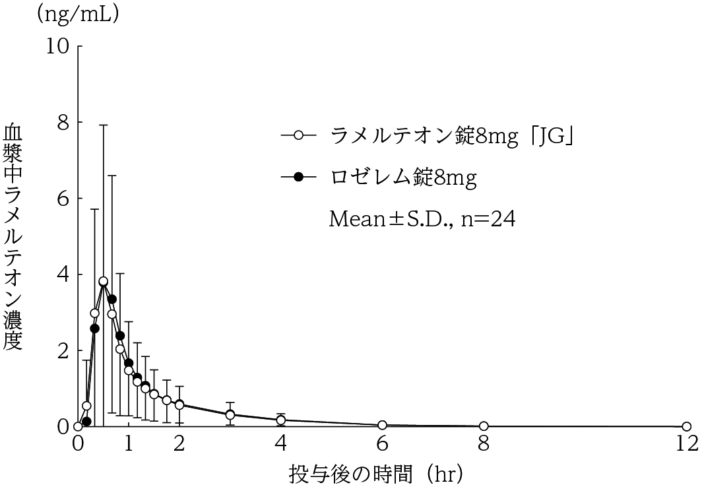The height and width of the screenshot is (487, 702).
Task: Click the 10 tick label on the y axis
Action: [57, 46]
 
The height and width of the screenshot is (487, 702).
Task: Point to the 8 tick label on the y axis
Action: [63, 122]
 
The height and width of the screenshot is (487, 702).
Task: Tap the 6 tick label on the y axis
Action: [63, 199]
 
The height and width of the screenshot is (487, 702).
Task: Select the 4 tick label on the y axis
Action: [63, 275]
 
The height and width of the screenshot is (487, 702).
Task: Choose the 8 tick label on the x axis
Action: [484, 443]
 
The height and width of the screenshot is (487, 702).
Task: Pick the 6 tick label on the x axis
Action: [382, 443]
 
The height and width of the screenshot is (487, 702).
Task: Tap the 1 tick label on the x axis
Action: [129, 443]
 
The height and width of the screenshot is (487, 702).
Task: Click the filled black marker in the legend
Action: [298, 177]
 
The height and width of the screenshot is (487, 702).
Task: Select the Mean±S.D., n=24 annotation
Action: [422, 218]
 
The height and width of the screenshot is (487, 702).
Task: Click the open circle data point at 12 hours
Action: [686, 426]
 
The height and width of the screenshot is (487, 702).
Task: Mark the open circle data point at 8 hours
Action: [484, 426]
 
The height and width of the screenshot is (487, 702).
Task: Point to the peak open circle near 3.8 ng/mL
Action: [103, 282]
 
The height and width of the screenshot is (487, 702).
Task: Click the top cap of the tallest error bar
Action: [104, 125]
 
